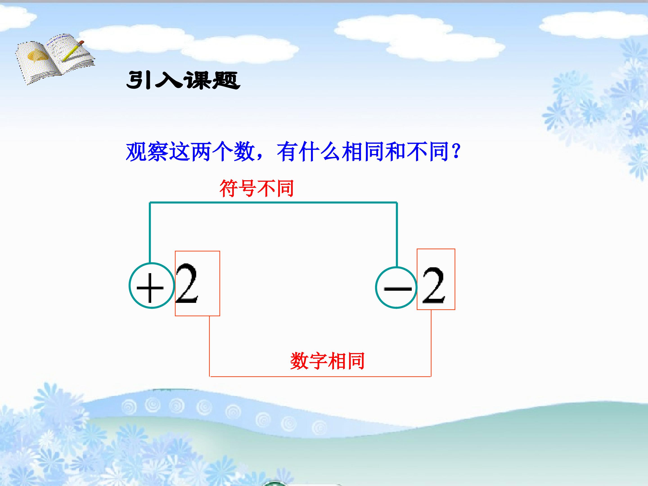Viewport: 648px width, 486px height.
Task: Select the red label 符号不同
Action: (x=256, y=188)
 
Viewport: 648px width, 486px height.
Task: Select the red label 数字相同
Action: (x=327, y=361)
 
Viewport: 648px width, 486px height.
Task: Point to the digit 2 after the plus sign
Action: (x=187, y=283)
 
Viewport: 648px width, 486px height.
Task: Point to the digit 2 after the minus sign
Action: (x=434, y=286)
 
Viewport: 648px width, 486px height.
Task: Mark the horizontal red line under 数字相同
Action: (x=320, y=376)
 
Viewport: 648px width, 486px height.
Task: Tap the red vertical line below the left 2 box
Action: (x=209, y=346)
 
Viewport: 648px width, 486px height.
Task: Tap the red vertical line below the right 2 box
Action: (x=431, y=343)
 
